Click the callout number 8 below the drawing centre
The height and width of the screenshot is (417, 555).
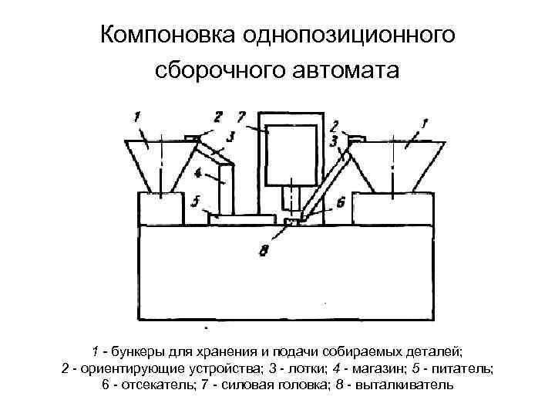point(264,250)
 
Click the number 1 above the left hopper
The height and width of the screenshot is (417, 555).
point(136,117)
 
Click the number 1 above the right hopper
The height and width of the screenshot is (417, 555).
point(425,120)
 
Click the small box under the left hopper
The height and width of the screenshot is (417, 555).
point(160,208)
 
